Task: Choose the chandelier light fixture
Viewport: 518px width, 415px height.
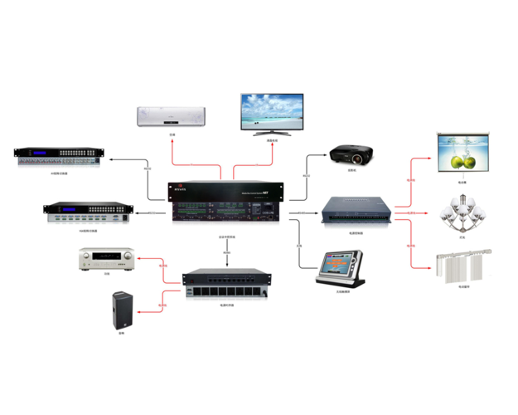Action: tap(460, 213)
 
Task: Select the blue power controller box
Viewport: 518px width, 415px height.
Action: tap(356, 209)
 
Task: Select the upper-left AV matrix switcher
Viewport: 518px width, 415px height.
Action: tap(58, 155)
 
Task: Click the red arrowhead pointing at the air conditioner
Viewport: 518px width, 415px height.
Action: tap(172, 135)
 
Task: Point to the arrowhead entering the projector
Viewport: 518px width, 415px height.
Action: tap(327, 154)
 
